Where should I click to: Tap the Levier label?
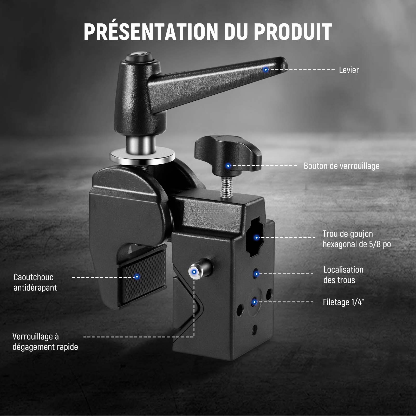(x=349, y=70)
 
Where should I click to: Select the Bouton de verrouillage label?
(x=342, y=166)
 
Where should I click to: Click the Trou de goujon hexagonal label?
(x=357, y=239)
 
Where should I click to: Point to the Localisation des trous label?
(x=343, y=275)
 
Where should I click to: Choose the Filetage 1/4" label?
(x=343, y=302)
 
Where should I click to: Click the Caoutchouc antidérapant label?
(x=35, y=282)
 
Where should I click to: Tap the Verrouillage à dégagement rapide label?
(x=45, y=342)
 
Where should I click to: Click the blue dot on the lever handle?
(x=265, y=70)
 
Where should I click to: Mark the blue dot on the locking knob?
(x=228, y=166)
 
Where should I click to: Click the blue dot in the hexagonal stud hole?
(x=256, y=237)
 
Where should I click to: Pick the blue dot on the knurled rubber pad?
(x=137, y=277)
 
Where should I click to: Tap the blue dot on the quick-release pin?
(x=194, y=272)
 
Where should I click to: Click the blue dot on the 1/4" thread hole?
(x=254, y=302)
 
